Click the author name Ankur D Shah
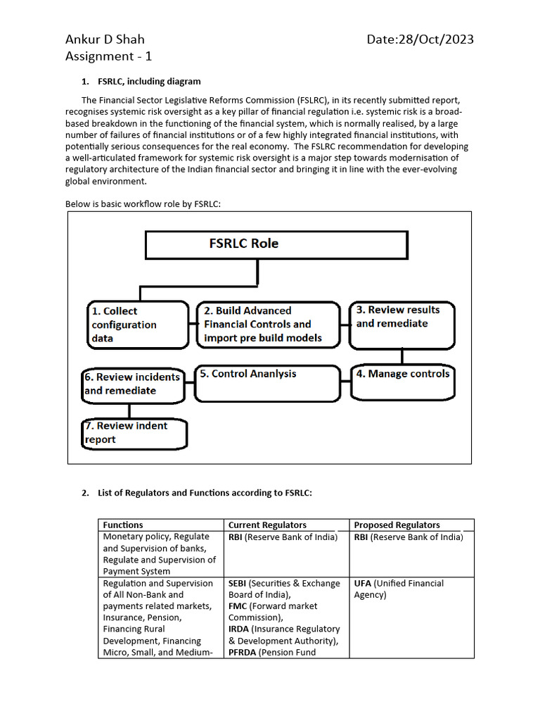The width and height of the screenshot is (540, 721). point(105,39)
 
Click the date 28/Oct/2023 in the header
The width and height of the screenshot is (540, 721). point(420,39)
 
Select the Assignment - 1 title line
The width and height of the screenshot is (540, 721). point(108,56)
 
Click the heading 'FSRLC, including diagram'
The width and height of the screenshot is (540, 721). point(149,82)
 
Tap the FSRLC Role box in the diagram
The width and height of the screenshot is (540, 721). point(276,244)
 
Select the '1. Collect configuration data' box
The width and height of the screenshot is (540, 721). point(138,325)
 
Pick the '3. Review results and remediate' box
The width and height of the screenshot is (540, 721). point(402,325)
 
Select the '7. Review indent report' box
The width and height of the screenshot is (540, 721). point(134,433)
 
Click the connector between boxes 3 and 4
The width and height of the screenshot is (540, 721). point(402,357)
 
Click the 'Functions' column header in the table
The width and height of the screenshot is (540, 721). point(123,525)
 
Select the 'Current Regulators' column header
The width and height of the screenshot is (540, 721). point(267,525)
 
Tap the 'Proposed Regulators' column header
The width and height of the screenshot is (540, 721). point(397,525)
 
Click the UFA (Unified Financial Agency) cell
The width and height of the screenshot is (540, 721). point(398,589)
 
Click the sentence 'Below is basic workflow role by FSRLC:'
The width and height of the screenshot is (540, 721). point(143,203)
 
